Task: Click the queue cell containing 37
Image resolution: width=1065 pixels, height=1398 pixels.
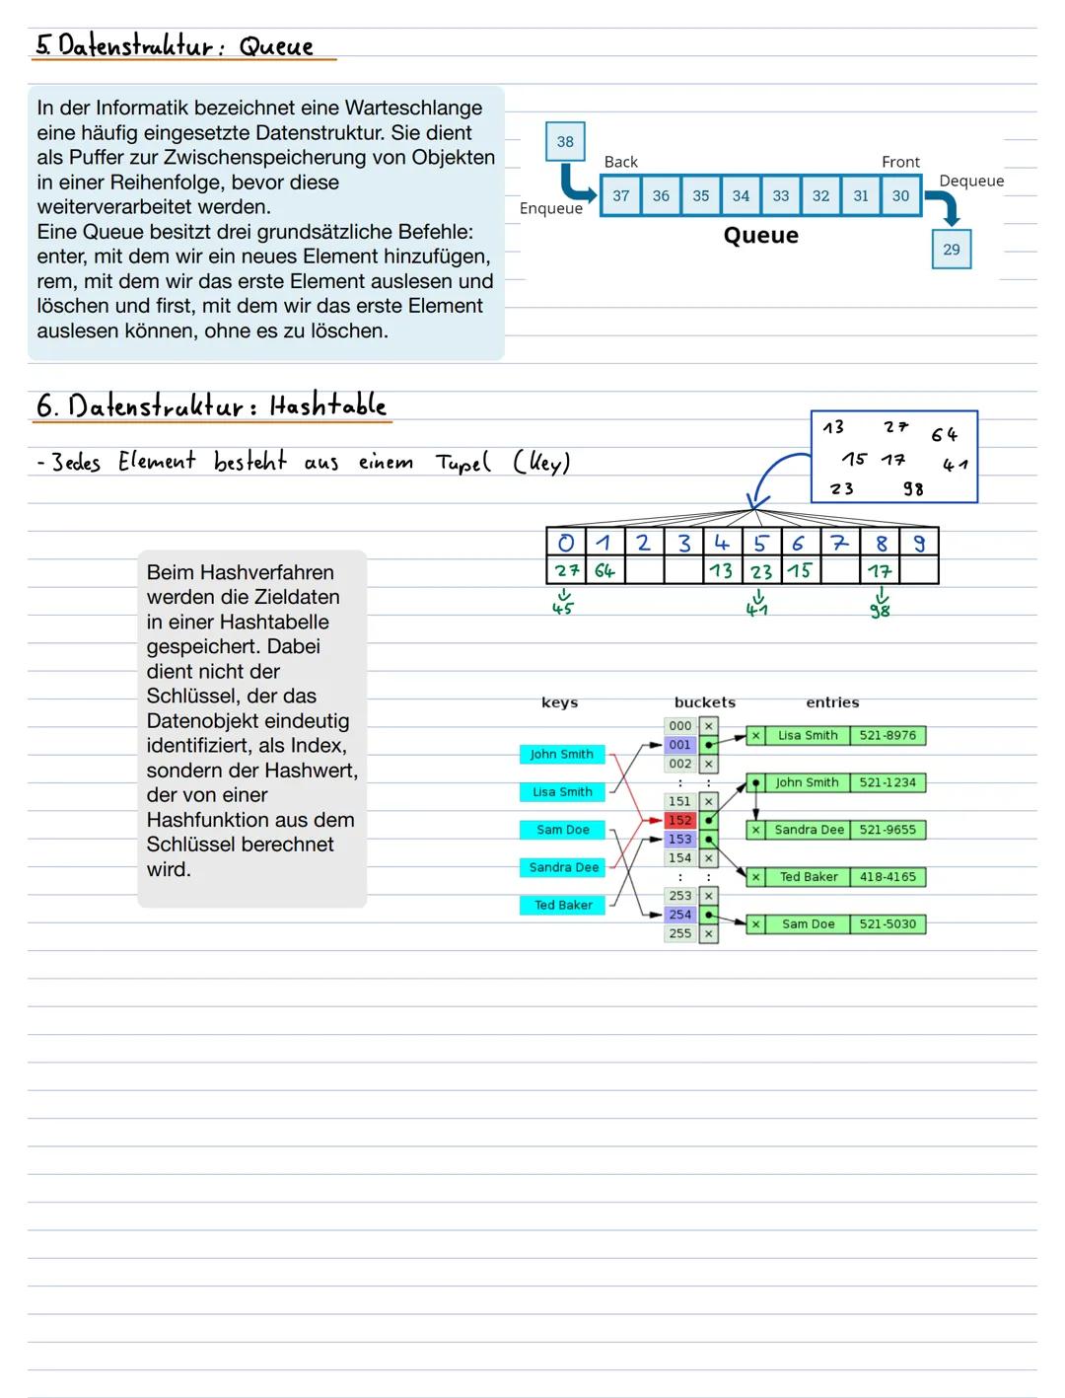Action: click(620, 195)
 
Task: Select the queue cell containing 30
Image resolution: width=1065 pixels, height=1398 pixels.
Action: click(900, 195)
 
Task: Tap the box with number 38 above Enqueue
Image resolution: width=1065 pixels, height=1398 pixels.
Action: click(565, 141)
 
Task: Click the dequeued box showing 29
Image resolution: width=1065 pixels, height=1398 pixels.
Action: click(951, 249)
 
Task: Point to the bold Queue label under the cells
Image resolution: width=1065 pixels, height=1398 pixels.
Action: click(760, 235)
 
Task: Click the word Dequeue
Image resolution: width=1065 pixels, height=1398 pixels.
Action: click(971, 181)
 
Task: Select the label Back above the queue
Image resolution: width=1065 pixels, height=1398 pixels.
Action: click(620, 162)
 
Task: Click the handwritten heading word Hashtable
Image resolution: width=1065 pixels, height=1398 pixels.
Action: click(327, 405)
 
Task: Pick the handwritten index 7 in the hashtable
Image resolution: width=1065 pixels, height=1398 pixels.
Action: click(838, 542)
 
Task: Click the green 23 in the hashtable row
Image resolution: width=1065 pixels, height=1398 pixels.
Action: click(761, 570)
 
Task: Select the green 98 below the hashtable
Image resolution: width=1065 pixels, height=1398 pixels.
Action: click(880, 611)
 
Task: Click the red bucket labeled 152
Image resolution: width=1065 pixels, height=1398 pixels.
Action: click(679, 820)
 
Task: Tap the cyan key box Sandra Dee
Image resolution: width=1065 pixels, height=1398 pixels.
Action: click(563, 867)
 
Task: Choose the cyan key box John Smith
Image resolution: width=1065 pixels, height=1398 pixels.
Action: click(561, 754)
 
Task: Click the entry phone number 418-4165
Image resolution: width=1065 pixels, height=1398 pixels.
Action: click(887, 876)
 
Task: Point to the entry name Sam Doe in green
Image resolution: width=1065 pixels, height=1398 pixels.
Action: click(808, 923)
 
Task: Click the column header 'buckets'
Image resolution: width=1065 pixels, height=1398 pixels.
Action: click(704, 702)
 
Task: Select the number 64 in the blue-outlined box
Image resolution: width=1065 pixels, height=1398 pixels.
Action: click(944, 434)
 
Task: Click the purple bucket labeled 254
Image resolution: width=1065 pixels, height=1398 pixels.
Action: click(679, 915)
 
